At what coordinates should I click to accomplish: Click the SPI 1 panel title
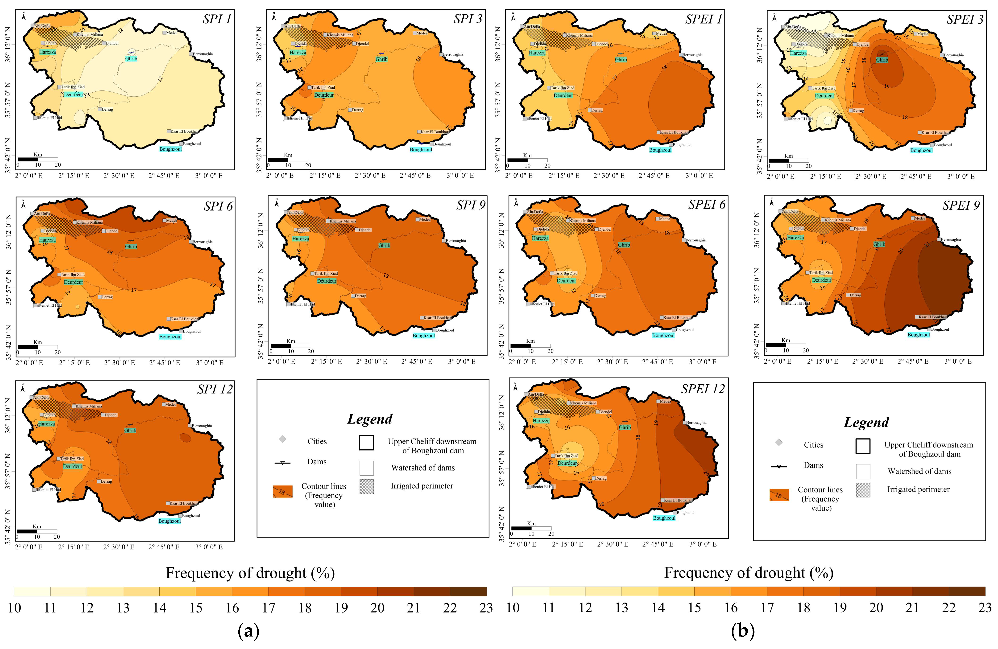[217, 19]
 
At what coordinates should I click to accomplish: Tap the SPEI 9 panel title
[961, 205]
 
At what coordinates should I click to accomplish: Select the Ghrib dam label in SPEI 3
[882, 60]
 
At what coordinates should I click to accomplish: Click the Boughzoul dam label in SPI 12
[170, 521]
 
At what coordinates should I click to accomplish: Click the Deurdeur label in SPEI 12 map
[567, 463]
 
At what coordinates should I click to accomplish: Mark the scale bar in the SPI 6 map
[37, 347]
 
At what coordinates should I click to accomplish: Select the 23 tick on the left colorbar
[486, 608]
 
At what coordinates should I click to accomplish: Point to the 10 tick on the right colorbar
[513, 608]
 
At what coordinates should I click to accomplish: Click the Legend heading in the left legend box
[370, 419]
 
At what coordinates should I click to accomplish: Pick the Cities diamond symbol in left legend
[282, 439]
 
